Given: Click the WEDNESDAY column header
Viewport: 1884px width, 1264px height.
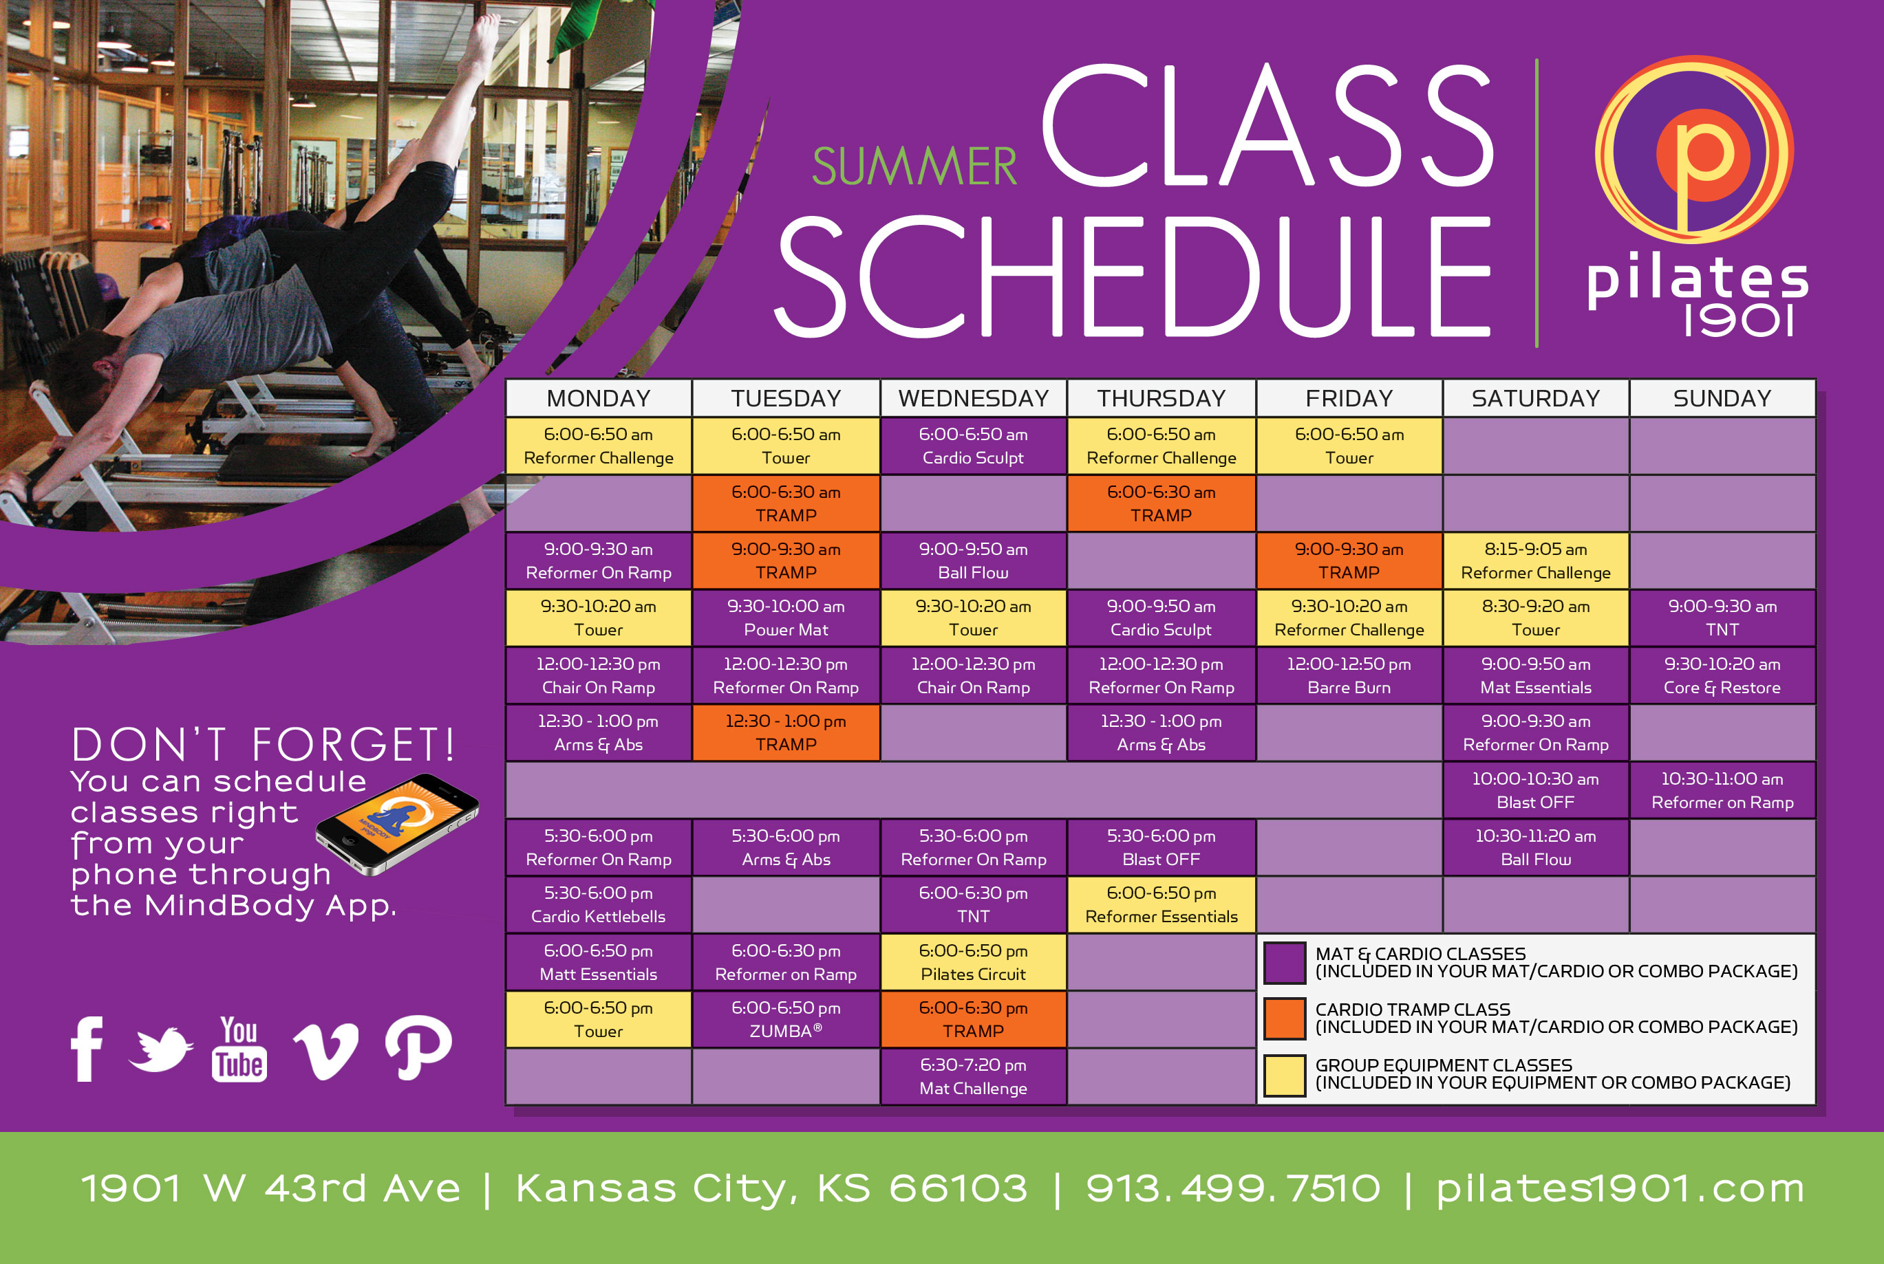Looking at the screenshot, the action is [973, 398].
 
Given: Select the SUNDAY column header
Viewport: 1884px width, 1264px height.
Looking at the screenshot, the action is [1722, 398].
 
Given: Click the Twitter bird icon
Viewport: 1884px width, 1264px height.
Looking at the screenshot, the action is [160, 1049].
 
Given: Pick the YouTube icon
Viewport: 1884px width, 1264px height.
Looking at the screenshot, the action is [239, 1049].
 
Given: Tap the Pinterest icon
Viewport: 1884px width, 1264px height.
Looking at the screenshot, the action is [418, 1047].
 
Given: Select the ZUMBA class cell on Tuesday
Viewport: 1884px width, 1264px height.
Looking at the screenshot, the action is [786, 1019].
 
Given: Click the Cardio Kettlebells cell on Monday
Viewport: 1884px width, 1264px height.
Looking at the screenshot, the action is [598, 904].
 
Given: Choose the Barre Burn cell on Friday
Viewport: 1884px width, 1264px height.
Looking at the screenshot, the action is [1349, 675].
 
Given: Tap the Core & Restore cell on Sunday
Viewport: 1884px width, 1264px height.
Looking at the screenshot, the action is [1722, 675].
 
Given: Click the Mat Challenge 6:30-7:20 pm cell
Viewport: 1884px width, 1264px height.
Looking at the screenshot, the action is [973, 1076].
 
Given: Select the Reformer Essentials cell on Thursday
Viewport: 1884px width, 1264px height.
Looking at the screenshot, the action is [1161, 904].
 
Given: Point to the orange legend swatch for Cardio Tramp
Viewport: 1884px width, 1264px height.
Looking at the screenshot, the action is [1284, 1018].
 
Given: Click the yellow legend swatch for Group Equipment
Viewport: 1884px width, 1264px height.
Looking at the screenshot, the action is [1284, 1076].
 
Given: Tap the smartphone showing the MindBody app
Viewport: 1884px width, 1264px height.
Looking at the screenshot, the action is [397, 824].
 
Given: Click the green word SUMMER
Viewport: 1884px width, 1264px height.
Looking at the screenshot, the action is [914, 167].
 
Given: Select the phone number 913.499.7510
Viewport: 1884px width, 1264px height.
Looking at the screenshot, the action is [1233, 1188].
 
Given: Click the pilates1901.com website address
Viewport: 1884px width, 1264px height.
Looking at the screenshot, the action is [1620, 1188].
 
